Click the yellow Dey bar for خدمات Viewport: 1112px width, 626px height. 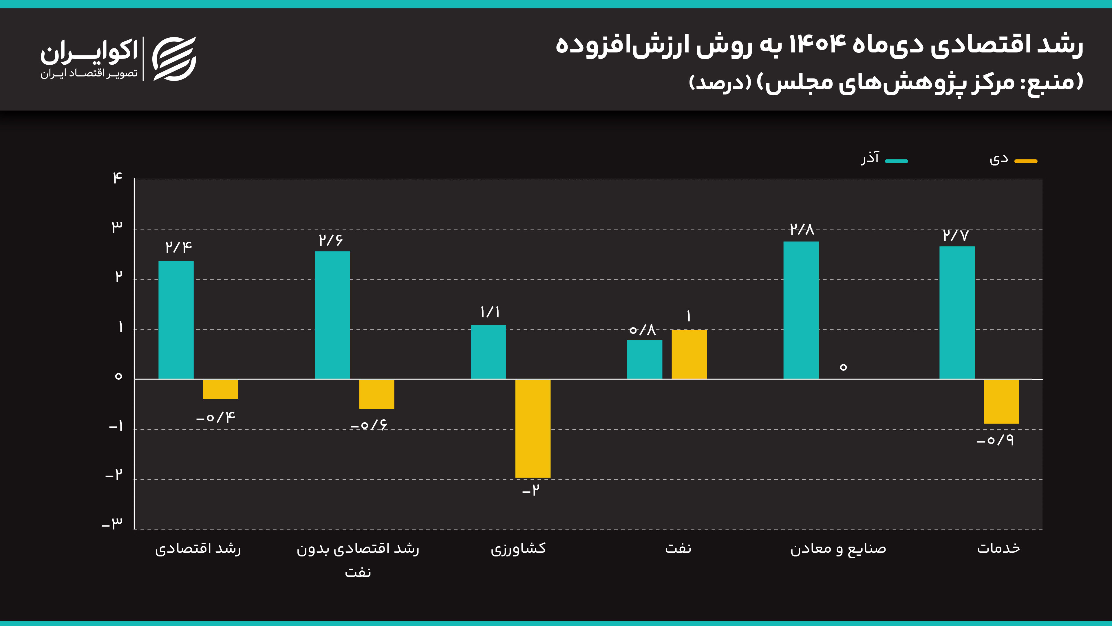tap(1001, 401)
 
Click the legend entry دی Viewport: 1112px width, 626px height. tap(1012, 159)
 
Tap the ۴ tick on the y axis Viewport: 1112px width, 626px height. tap(117, 178)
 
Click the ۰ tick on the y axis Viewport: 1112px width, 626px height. tap(118, 376)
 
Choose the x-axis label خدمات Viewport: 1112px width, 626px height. tap(998, 548)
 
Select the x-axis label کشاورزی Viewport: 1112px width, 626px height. tap(518, 549)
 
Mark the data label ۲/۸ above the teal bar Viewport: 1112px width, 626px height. tap(802, 229)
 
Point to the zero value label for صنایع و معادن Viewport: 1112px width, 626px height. tap(843, 367)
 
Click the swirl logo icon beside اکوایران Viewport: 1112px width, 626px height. tap(174, 59)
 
